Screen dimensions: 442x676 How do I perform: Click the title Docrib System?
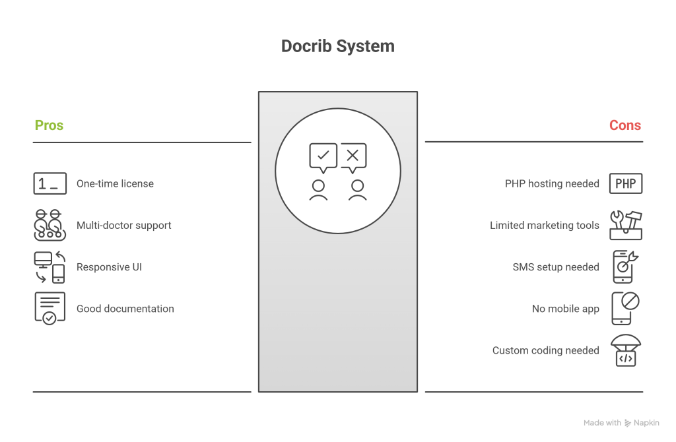point(337,46)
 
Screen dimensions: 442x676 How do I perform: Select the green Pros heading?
point(49,125)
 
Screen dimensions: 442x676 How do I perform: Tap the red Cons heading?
point(625,125)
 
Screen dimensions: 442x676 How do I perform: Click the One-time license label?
point(115,183)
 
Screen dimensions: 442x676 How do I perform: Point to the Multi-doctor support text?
point(123,225)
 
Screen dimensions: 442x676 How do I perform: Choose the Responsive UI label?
point(109,267)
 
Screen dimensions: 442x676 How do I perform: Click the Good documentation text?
point(125,309)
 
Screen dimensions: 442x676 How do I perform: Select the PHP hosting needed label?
point(552,183)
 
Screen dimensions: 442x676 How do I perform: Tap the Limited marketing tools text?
point(544,225)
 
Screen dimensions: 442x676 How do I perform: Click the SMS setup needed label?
point(556,267)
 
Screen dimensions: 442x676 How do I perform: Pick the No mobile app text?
point(565,309)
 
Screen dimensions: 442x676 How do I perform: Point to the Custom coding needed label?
point(545,350)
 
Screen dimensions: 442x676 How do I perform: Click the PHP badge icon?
point(625,183)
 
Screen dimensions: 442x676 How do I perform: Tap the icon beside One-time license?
point(50,183)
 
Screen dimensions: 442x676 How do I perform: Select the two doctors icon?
point(50,225)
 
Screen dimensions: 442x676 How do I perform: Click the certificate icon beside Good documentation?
point(50,308)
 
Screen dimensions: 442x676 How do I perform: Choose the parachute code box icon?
point(625,350)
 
